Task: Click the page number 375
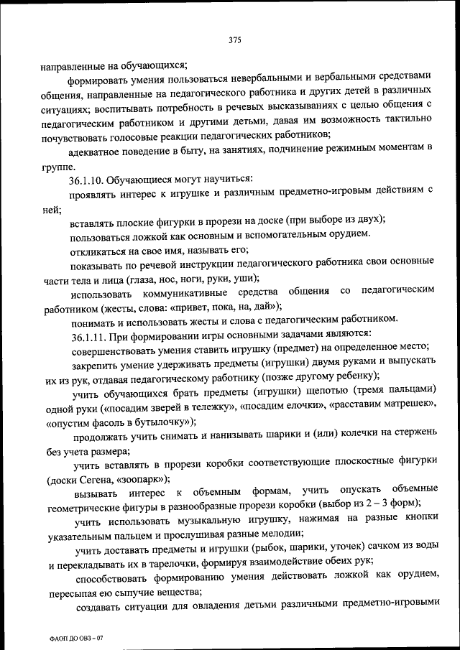(234, 40)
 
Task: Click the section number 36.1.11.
(91, 335)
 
